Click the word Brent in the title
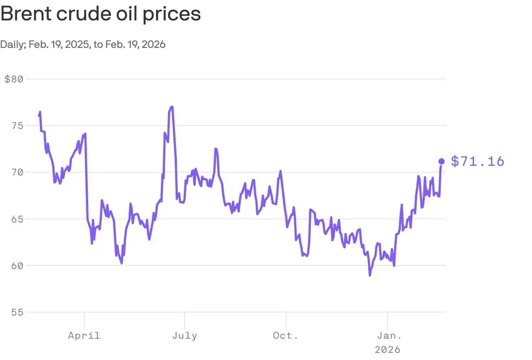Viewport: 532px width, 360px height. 24,14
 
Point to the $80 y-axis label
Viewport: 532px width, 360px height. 14,79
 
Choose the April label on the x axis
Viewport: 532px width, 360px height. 84,335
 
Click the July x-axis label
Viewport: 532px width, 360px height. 185,335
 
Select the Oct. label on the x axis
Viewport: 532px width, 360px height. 286,335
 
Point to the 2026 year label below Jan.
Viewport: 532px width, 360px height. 388,350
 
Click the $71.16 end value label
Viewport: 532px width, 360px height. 477,162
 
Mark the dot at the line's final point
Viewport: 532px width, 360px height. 441,161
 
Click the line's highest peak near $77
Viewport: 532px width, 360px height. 171,107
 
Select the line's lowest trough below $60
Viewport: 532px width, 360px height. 370,275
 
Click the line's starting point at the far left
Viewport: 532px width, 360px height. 39,116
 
